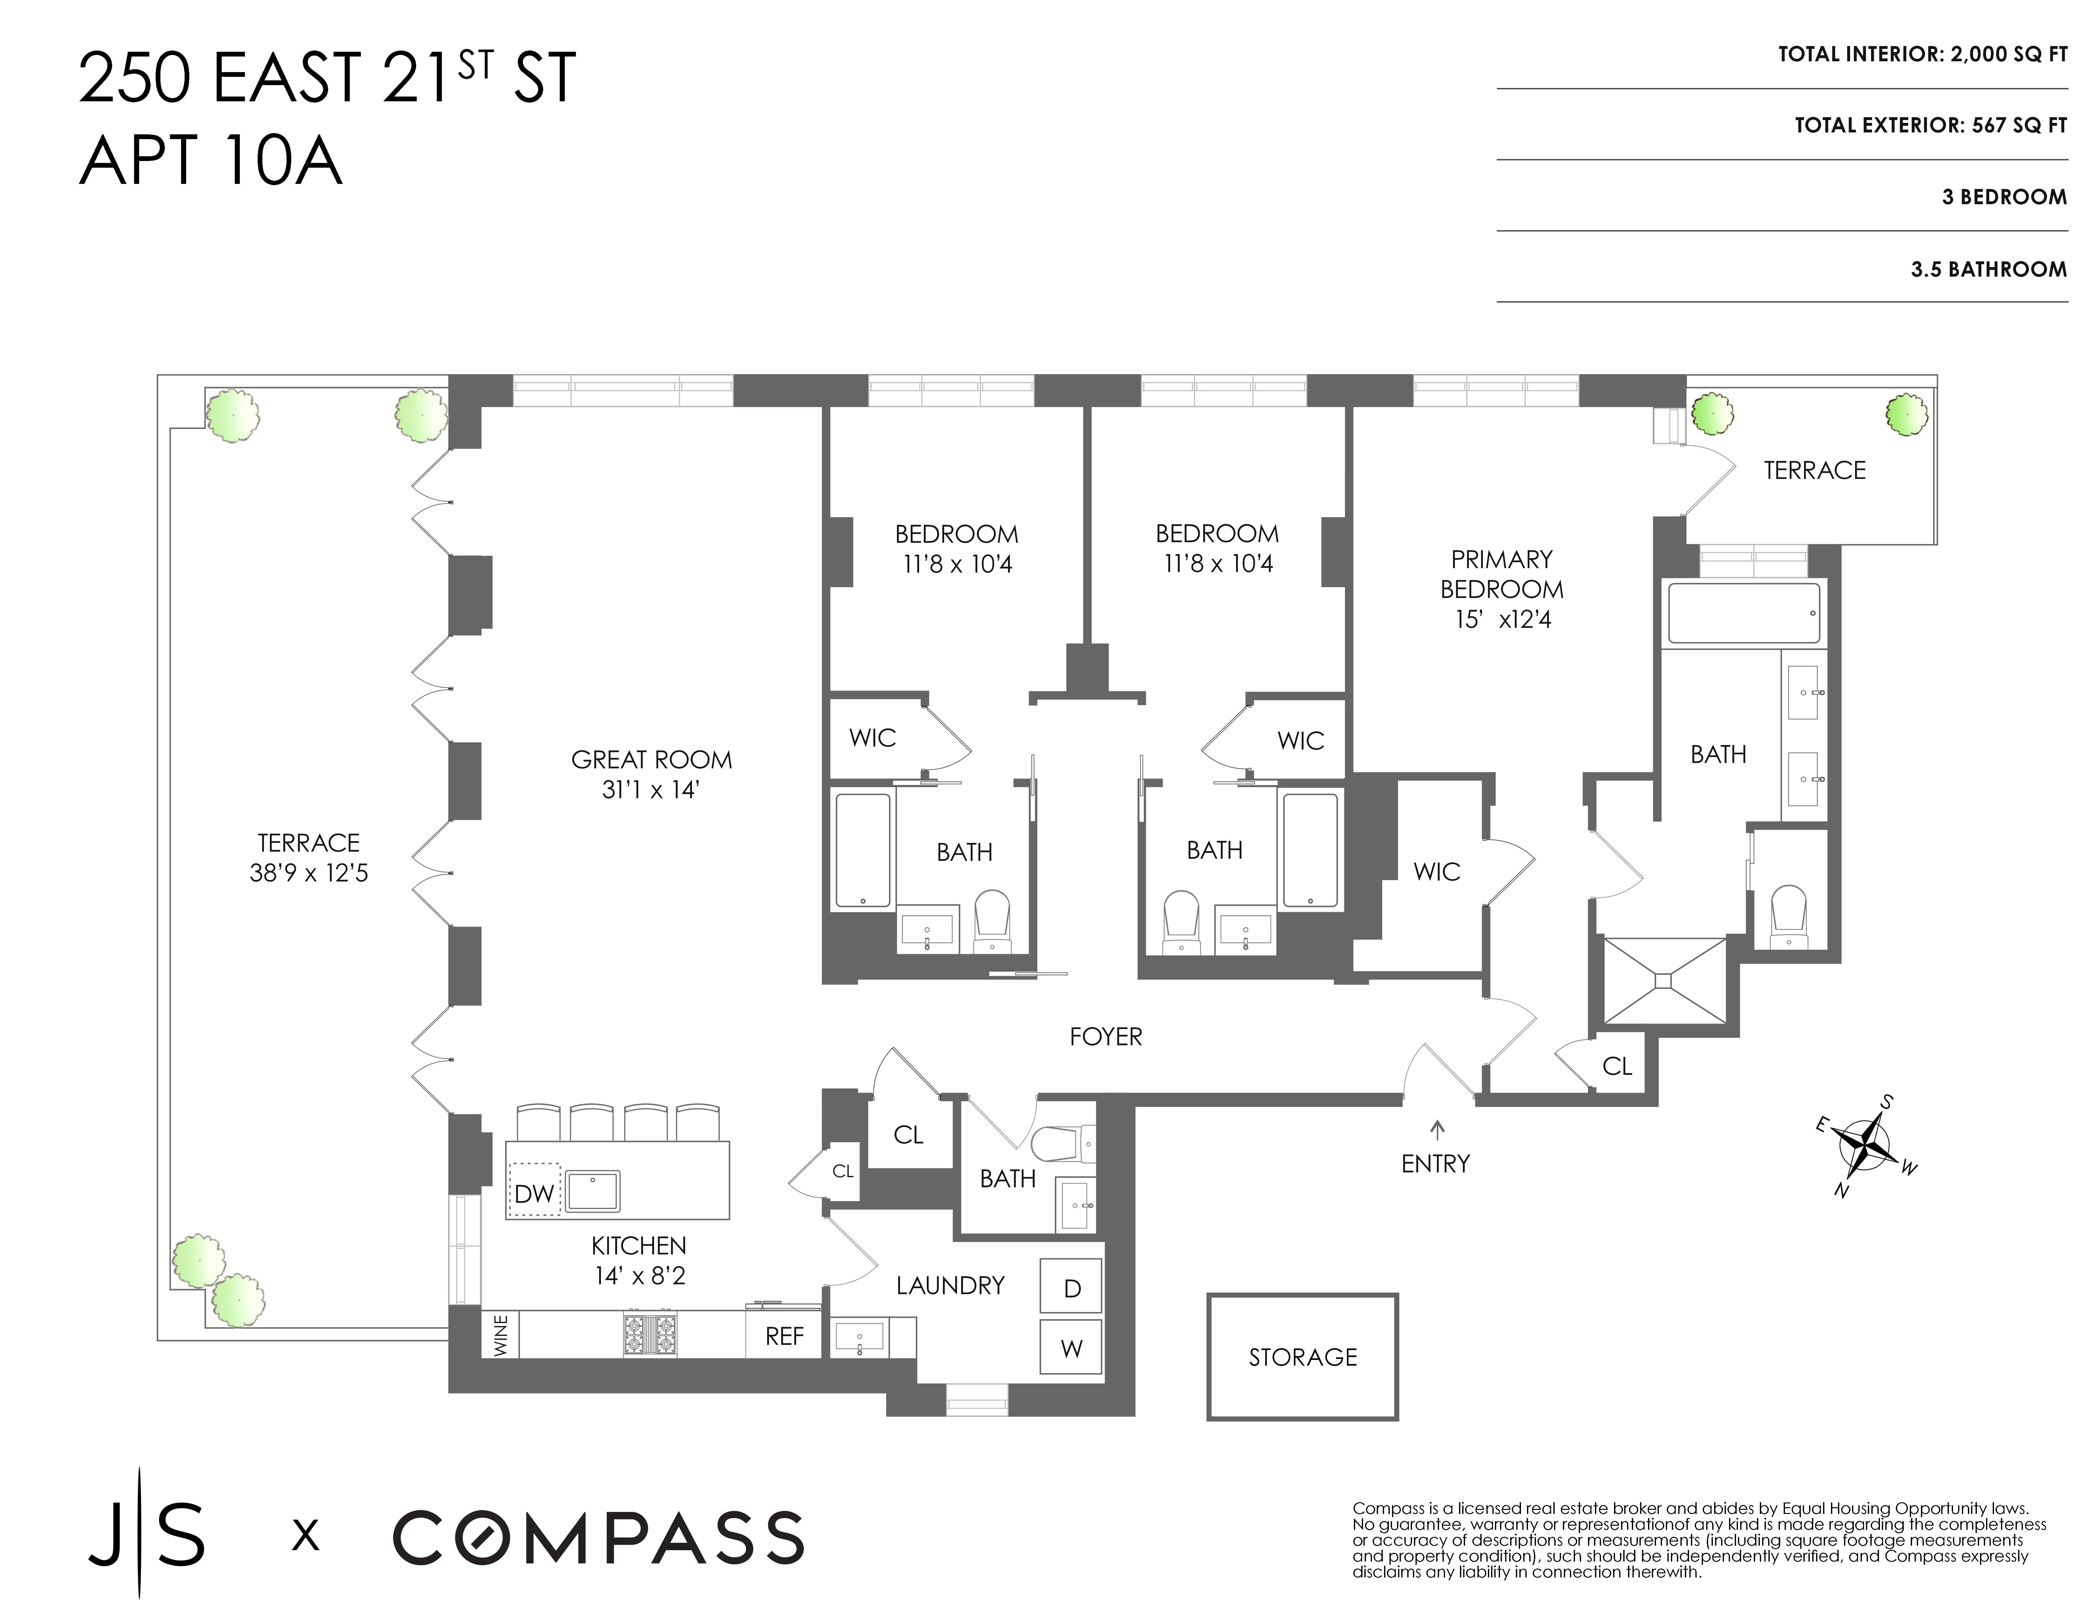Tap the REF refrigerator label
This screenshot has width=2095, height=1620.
[x=784, y=1336]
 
